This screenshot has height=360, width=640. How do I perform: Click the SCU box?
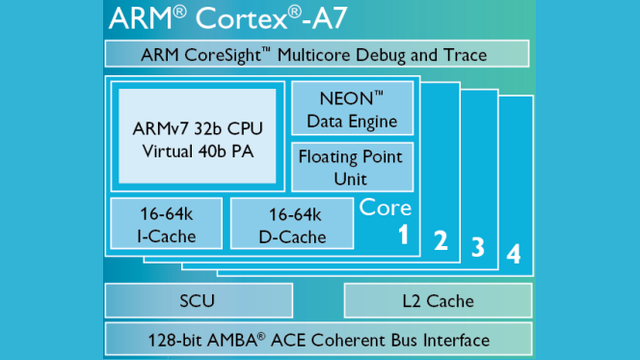[x=198, y=300]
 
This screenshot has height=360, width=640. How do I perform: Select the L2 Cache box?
[x=437, y=300]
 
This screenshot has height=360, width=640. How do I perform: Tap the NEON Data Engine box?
[x=350, y=110]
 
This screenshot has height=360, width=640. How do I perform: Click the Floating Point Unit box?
[x=350, y=167]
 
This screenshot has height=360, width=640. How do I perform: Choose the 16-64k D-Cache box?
[x=291, y=226]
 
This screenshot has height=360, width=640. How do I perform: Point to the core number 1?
[x=402, y=236]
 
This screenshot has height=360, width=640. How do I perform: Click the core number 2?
[x=439, y=240]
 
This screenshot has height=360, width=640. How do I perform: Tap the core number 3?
[x=477, y=247]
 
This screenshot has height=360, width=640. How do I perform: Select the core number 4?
[x=513, y=254]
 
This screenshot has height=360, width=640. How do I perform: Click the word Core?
[x=385, y=207]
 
